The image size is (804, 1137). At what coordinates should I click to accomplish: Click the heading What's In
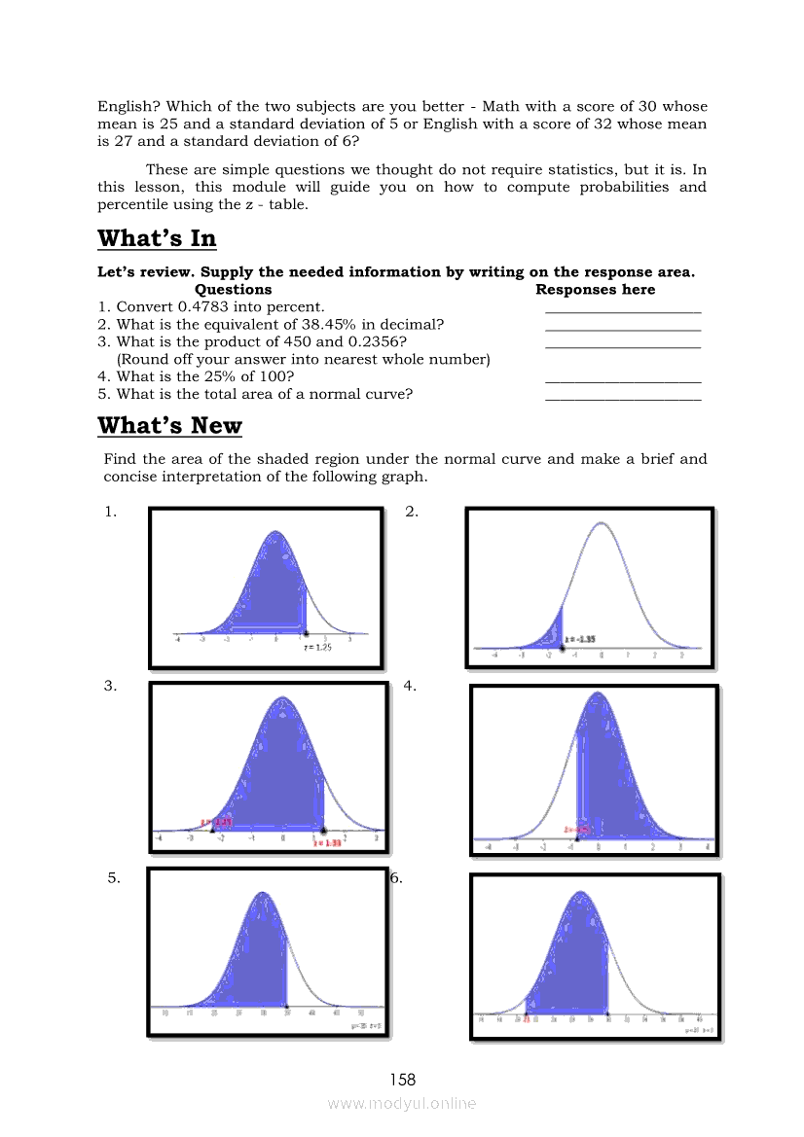[157, 239]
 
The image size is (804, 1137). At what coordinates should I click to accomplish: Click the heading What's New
[169, 426]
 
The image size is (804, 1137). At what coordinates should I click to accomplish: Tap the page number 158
[402, 1079]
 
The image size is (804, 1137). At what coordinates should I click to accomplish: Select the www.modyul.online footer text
[402, 1103]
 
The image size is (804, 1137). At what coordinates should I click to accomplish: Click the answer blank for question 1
[623, 309]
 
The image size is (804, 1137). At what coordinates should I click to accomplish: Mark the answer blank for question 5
[623, 397]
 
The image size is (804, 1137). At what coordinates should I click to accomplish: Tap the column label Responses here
[595, 290]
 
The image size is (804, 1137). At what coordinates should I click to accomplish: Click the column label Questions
[233, 290]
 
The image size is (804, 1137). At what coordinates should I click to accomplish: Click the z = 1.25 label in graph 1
[318, 646]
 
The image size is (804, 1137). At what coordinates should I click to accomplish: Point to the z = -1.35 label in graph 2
[581, 639]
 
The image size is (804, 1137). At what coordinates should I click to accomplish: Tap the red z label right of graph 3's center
[327, 842]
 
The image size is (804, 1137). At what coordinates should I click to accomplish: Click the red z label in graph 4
[576, 830]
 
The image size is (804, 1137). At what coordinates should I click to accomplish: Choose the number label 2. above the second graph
[412, 513]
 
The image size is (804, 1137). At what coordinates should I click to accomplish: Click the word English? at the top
[128, 107]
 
